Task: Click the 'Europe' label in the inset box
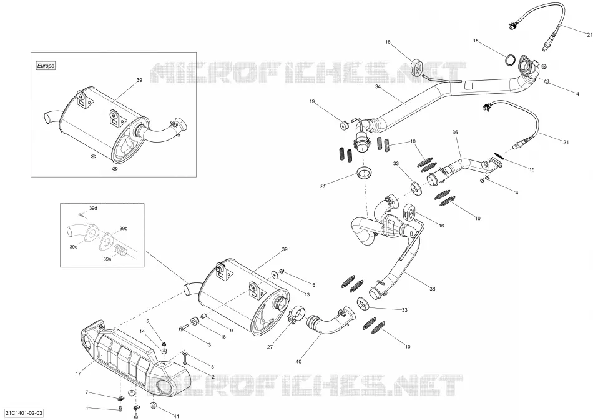coord(46,66)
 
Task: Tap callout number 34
coord(378,86)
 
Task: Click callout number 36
coord(455,132)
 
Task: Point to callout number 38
coord(433,289)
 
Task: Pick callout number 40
coord(298,362)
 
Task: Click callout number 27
coord(270,347)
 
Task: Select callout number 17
coord(78,374)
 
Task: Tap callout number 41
coord(176,417)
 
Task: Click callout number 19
coord(312,101)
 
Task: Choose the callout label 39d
coord(93,208)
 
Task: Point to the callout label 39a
coord(107,259)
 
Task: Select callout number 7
coord(87,392)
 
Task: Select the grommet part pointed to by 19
coord(344,125)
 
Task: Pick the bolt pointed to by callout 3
coord(184,327)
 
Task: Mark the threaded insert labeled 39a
coord(120,251)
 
